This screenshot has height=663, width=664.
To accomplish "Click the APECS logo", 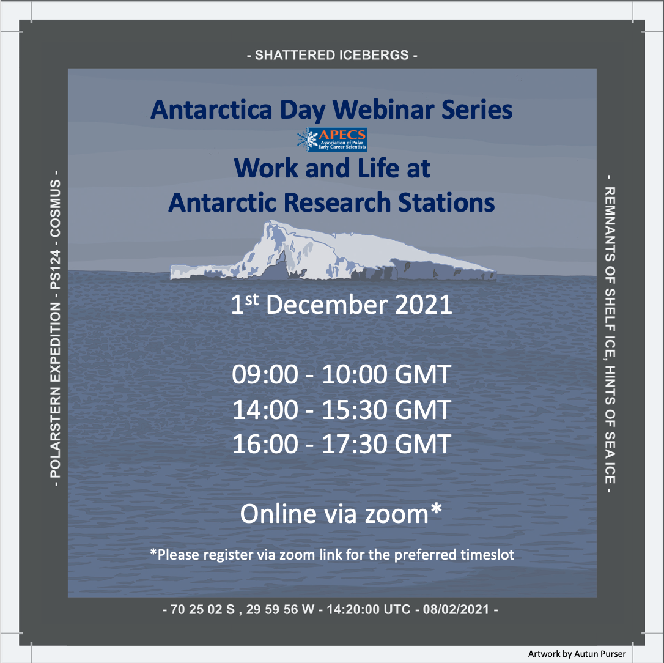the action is (333, 139).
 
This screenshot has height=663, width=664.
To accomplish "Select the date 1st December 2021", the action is (341, 304).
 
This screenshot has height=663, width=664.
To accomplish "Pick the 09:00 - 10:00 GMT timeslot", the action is (341, 374).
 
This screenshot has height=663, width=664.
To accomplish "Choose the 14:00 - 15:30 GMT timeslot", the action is (341, 409).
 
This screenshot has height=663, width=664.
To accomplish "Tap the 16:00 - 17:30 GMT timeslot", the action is (341, 444).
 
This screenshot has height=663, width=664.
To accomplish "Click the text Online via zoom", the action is (334, 513).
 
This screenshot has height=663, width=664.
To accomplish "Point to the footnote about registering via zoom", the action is (333, 555).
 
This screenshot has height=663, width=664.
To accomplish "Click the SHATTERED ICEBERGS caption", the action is (332, 55).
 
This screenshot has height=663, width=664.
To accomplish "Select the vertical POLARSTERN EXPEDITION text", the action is (56, 328).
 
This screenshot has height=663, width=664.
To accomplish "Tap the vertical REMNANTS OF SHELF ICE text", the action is (610, 334).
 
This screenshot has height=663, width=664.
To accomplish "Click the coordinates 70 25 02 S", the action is (202, 609).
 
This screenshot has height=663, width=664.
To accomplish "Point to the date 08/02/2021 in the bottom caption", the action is (456, 609).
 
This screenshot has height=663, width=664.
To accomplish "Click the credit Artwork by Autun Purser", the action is (577, 654).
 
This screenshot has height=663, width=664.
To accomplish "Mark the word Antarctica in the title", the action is (212, 109).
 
